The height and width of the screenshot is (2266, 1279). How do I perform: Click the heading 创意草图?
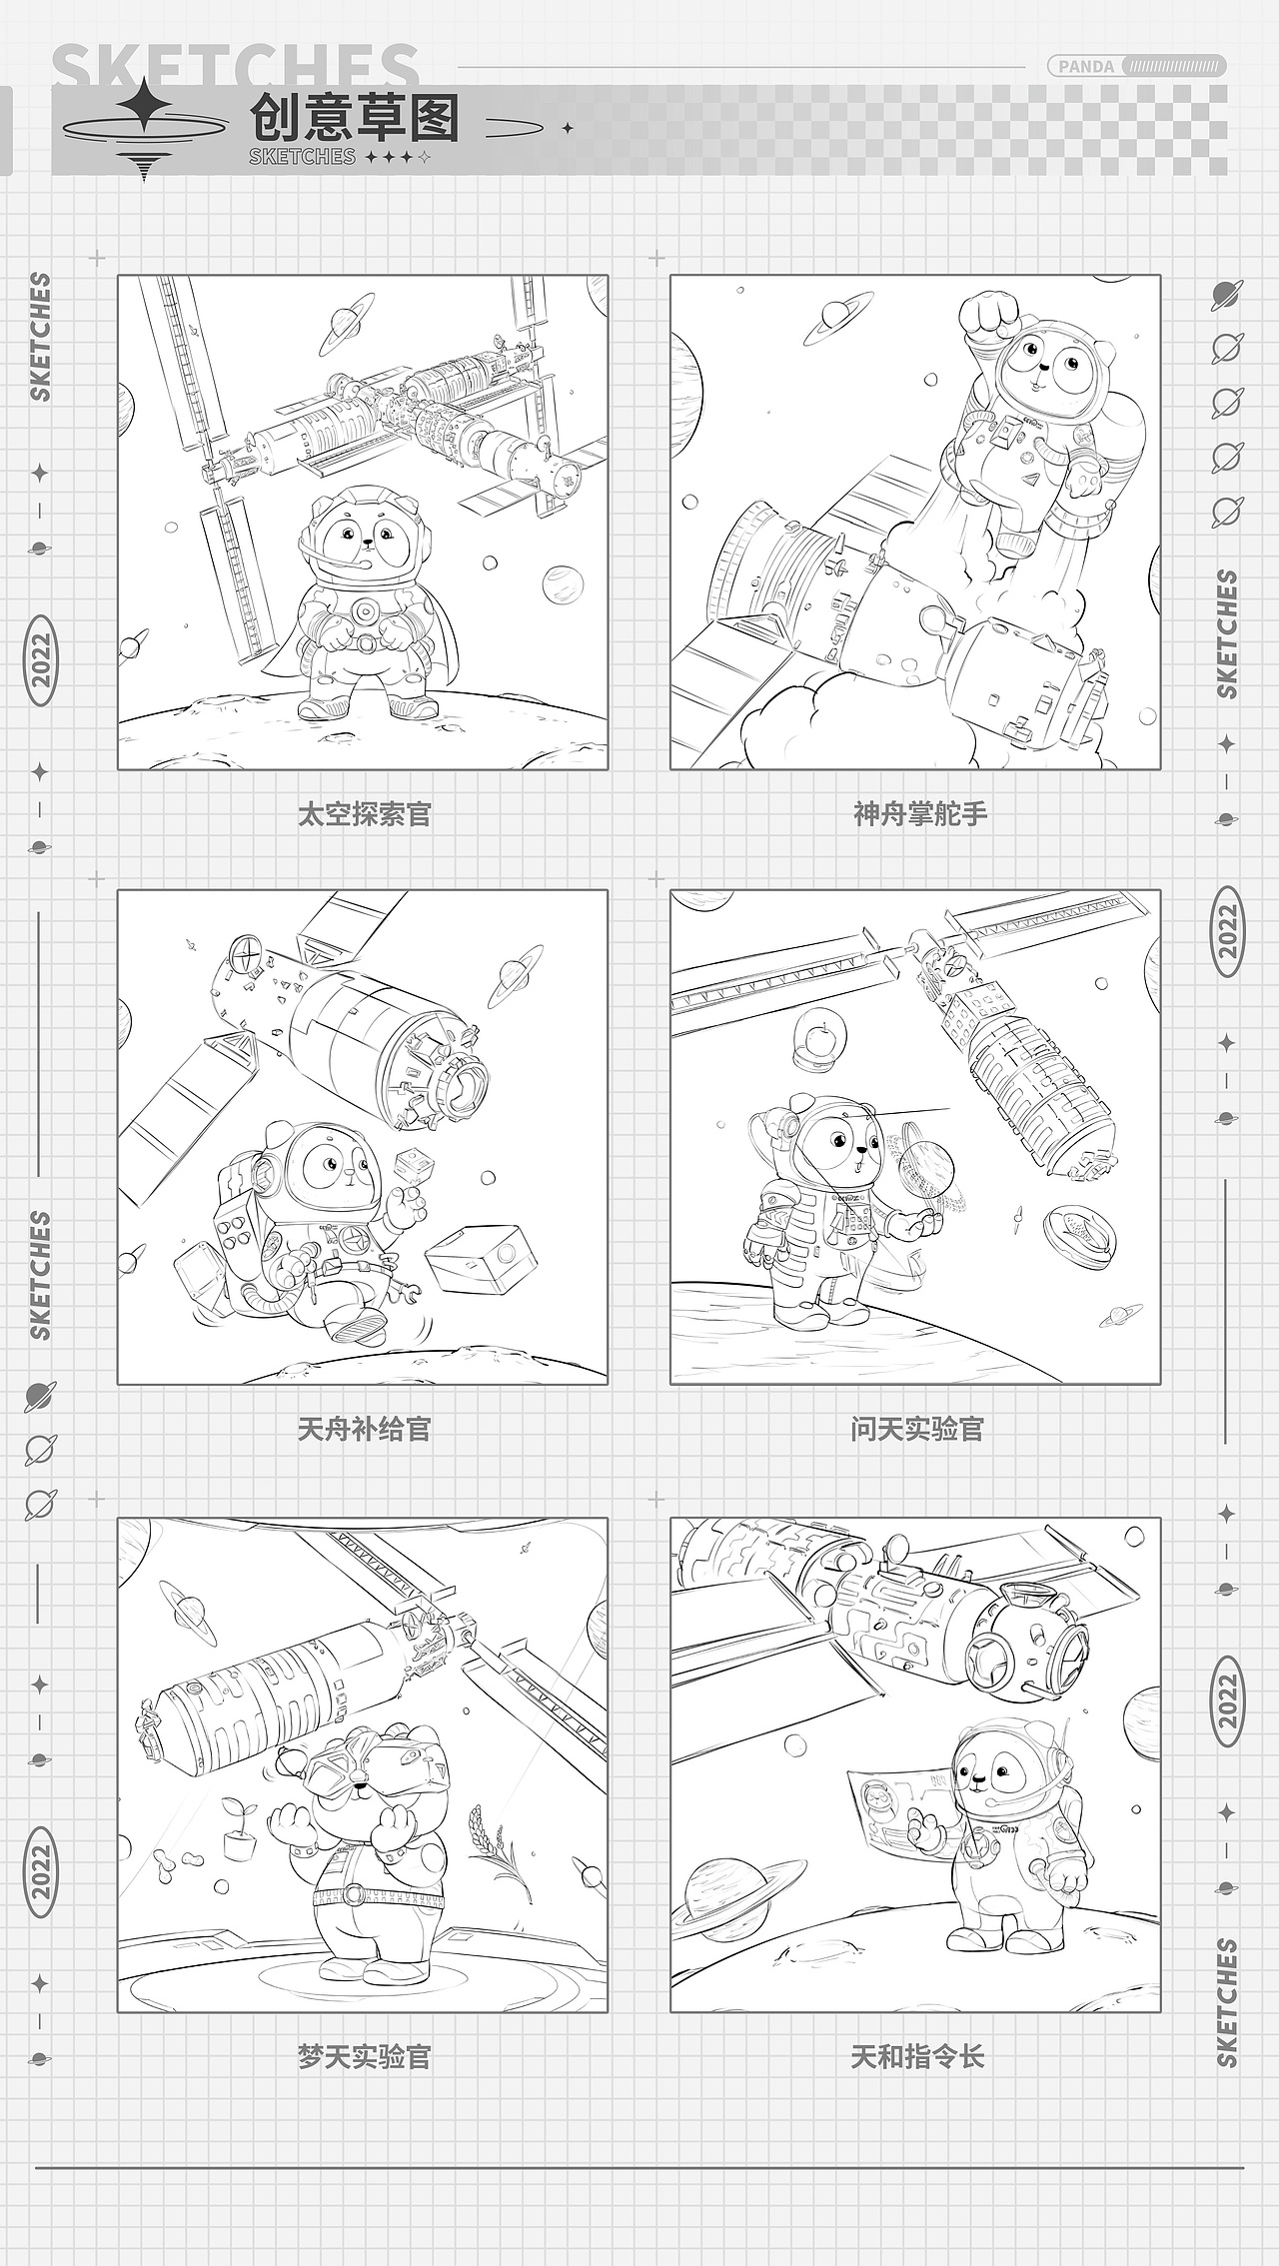tap(355, 119)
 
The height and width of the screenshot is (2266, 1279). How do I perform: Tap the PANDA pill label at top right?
tap(1086, 67)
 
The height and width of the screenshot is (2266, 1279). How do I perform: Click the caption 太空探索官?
tap(364, 814)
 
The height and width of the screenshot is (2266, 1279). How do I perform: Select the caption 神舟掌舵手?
tap(919, 814)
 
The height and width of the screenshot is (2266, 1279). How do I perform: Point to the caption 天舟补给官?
tap(364, 1429)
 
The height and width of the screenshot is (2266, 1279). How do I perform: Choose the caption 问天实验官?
tap(917, 1429)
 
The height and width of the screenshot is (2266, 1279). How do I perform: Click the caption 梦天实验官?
tap(364, 2056)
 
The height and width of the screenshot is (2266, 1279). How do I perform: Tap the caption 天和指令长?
tap(917, 2056)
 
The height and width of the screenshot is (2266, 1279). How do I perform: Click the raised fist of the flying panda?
tap(985, 318)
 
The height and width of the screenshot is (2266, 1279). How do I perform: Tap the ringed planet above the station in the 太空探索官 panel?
tap(346, 326)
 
